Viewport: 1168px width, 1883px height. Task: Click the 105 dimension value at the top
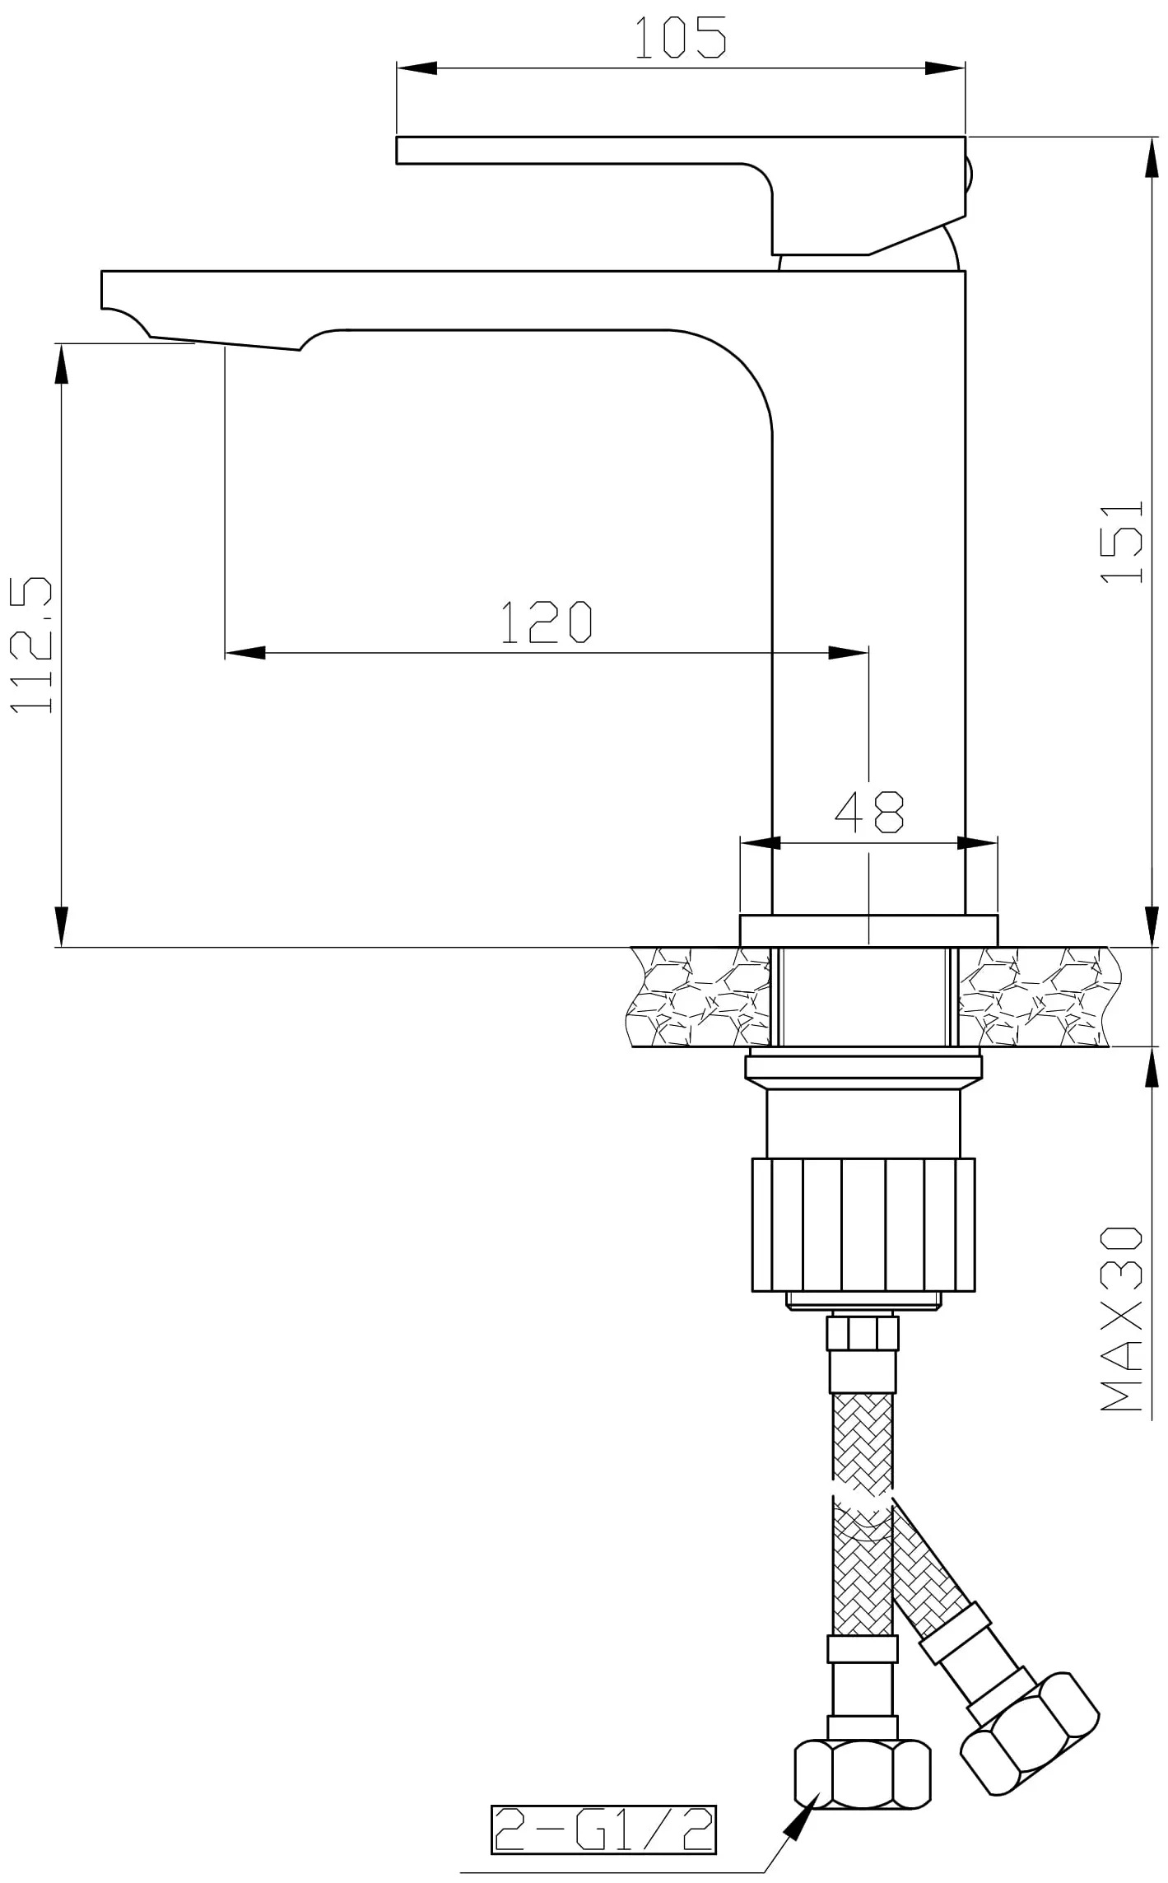click(x=680, y=37)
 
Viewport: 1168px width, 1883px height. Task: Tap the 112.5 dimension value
click(x=32, y=645)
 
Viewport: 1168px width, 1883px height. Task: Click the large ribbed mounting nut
click(x=863, y=1224)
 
